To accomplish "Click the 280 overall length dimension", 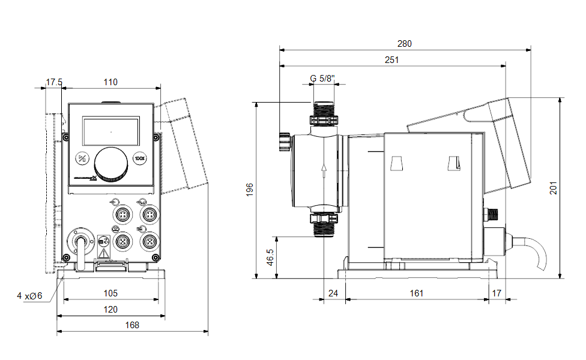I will (x=404, y=44).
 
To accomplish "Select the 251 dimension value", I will (x=392, y=60).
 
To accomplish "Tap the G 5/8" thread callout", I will (x=323, y=78).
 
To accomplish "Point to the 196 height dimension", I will (x=250, y=189).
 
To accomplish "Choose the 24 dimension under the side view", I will (x=334, y=293).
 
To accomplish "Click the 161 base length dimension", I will (x=417, y=293).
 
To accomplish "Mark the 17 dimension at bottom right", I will (x=496, y=293).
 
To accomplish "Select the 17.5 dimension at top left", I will (x=54, y=82).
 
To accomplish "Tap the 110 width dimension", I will (x=110, y=82).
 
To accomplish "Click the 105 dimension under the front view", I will (x=110, y=293).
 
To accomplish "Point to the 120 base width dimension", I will (x=110, y=309).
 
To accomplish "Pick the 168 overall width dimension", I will (x=131, y=325).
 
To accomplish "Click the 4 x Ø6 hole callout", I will (x=29, y=295).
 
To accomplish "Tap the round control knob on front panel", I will (x=111, y=164).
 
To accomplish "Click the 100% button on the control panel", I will (x=140, y=159).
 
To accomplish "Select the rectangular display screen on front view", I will (x=111, y=131).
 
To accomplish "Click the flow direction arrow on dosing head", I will (x=324, y=170).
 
